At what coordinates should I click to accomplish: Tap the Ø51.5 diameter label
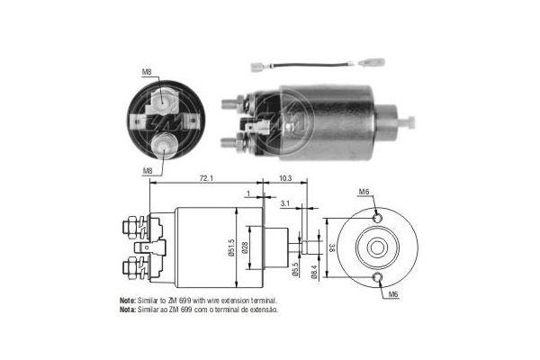[x=232, y=245]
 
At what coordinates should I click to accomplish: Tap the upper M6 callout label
[x=364, y=192]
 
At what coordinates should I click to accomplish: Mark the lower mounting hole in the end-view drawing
[x=378, y=277]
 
